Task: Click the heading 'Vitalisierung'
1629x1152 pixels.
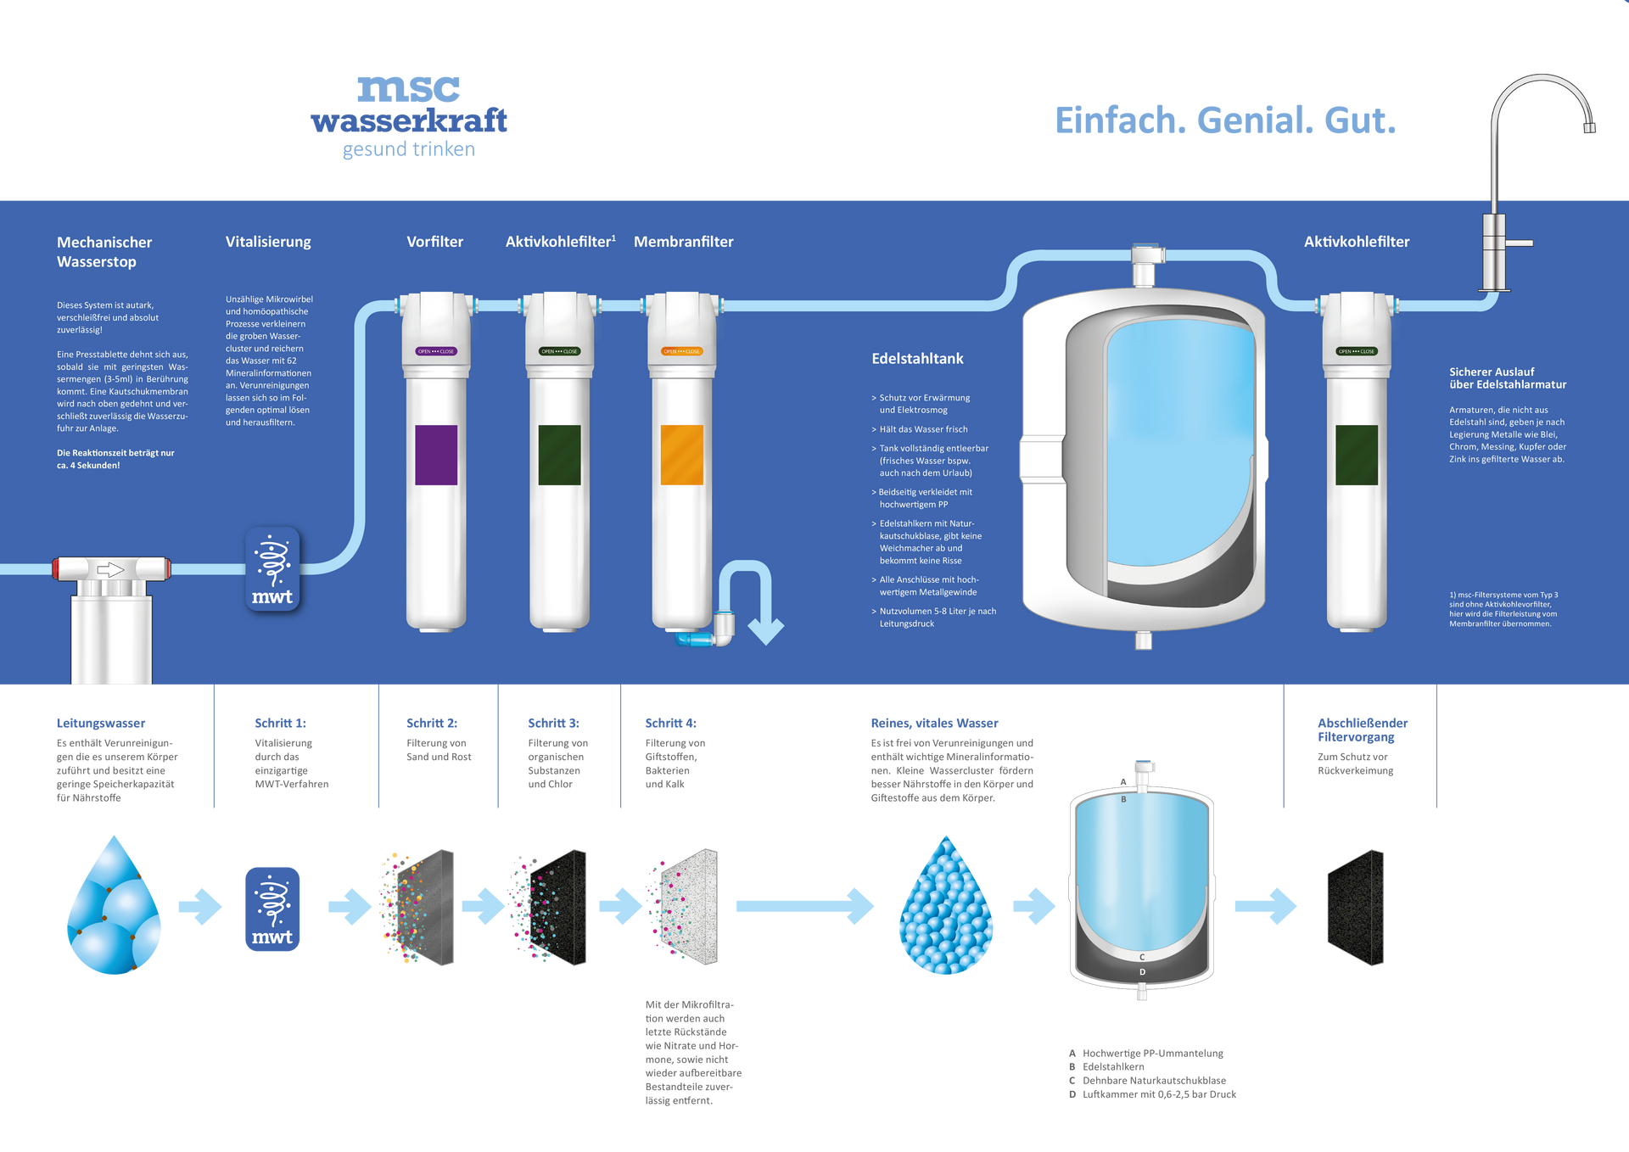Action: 268,242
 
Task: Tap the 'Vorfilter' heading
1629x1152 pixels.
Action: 434,242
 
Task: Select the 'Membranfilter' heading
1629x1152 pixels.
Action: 683,242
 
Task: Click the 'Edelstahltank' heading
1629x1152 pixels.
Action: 917,359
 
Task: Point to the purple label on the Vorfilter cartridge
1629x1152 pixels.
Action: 436,455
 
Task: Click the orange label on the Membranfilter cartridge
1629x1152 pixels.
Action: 682,455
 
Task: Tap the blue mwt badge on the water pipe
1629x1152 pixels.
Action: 272,569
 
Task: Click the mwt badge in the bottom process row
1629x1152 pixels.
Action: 272,909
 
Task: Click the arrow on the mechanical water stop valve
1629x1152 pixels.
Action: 110,569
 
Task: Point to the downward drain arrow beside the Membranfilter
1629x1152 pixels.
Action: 765,629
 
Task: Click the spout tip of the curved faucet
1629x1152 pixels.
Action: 1589,128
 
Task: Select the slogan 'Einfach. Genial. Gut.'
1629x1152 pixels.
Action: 1224,120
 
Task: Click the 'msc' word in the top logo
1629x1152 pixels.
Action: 409,87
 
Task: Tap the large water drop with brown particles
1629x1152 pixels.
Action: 115,908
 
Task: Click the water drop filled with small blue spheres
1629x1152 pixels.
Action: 946,908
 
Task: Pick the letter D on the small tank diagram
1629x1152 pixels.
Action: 1142,972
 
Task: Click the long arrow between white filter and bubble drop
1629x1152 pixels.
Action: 804,906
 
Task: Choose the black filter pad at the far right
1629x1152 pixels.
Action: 1355,908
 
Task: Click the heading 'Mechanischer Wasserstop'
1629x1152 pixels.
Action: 104,252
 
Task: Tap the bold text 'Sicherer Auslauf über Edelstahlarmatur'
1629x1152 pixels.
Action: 1508,378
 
